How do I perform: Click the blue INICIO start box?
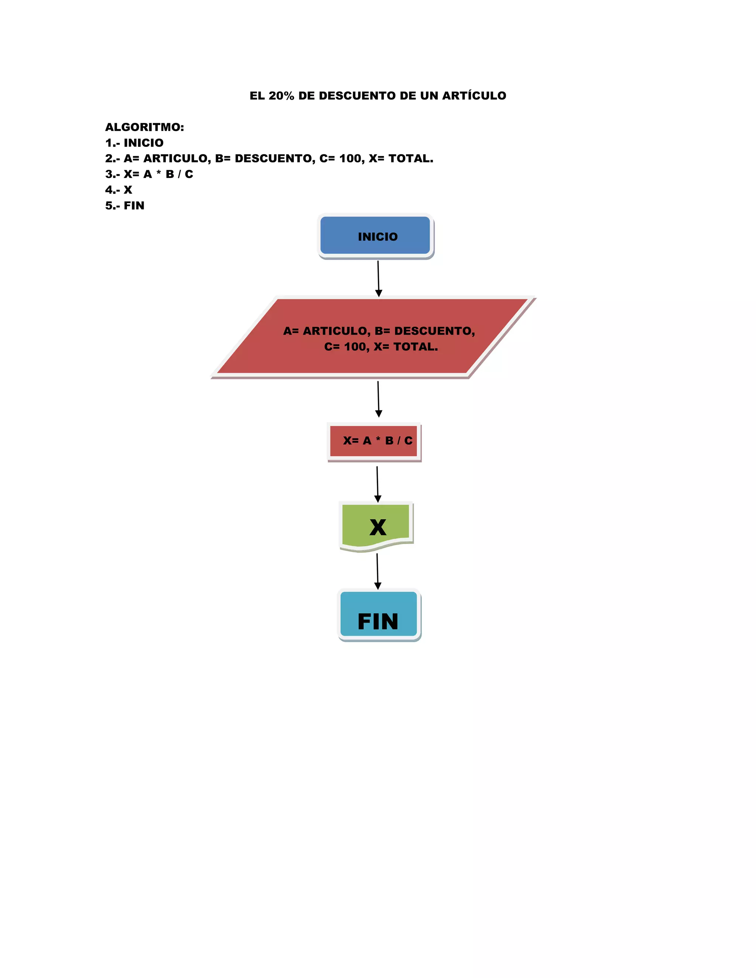[x=375, y=235]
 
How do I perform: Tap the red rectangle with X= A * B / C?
[x=374, y=441]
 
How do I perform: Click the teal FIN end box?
[x=378, y=614]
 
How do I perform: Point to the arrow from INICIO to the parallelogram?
[x=378, y=278]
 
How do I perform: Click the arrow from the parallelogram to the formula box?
[x=378, y=399]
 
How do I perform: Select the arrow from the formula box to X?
[x=378, y=483]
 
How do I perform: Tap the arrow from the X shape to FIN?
[x=378, y=571]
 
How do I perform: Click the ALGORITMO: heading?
[x=144, y=127]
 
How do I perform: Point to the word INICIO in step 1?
[x=143, y=143]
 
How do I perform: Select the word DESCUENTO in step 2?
[x=275, y=159]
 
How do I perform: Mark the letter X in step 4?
[x=128, y=190]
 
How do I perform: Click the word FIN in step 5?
[x=134, y=206]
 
